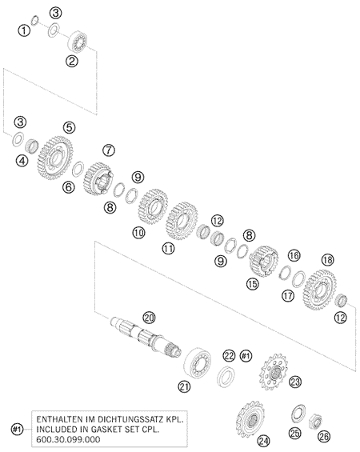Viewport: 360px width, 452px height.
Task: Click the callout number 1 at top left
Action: point(24,30)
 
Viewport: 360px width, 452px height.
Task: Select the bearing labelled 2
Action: point(77,42)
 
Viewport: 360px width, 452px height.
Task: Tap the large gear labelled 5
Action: point(54,158)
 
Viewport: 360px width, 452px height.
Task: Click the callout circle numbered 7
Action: point(109,150)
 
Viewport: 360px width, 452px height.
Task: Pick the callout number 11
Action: point(168,248)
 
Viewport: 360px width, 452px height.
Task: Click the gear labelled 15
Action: point(263,260)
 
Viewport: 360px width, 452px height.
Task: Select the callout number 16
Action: point(294,255)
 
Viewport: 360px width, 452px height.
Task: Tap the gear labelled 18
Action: point(320,290)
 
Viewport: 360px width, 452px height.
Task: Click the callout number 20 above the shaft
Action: point(150,318)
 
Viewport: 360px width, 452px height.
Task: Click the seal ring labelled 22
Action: point(226,376)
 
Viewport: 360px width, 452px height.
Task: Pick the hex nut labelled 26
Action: point(315,422)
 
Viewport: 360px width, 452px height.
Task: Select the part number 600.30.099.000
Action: point(68,440)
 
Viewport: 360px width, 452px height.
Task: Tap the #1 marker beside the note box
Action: point(17,430)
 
